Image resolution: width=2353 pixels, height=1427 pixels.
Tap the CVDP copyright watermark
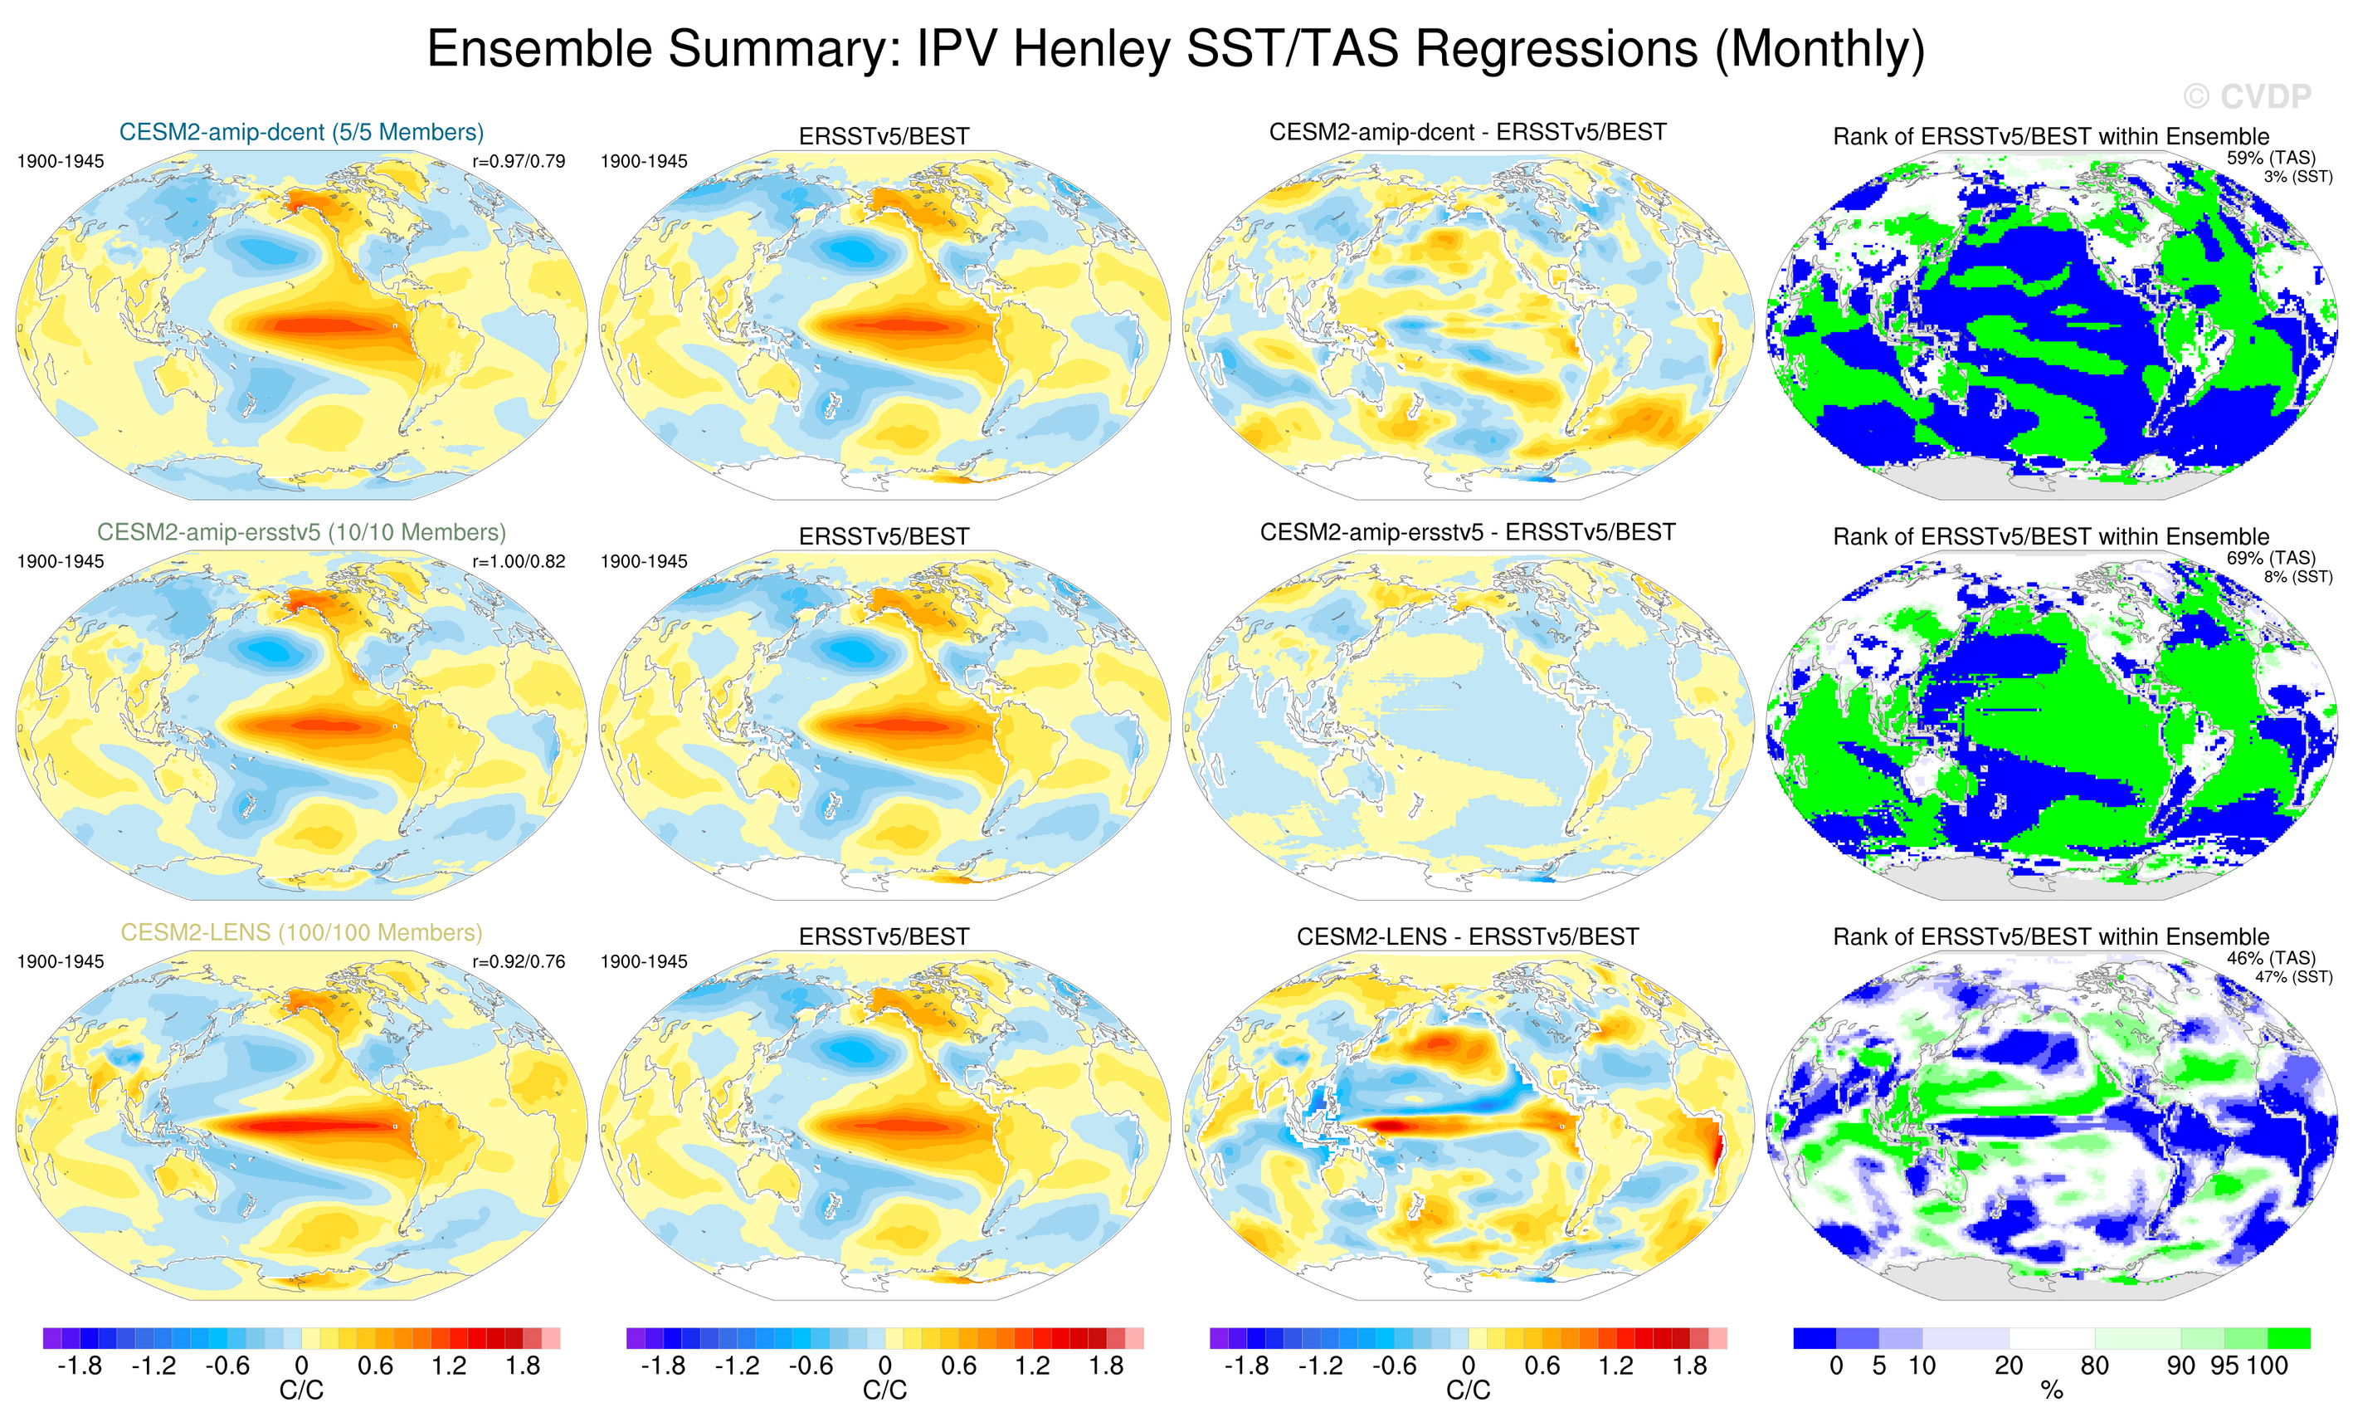[2246, 96]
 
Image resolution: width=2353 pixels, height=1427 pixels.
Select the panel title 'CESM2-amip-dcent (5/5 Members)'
[301, 132]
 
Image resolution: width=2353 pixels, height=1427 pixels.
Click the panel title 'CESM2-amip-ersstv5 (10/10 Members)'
[301, 532]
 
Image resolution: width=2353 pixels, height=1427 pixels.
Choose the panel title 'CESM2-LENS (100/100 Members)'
[301, 932]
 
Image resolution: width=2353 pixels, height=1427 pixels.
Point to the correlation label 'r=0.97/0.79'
[519, 161]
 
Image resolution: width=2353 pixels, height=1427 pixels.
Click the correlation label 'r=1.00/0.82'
[519, 562]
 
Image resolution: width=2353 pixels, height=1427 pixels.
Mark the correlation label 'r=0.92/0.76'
[519, 962]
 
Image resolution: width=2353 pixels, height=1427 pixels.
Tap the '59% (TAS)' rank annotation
[2271, 158]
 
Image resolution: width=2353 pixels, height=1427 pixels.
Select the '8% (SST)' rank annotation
[2297, 577]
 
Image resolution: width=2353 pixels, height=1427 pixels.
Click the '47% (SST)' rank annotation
[2294, 977]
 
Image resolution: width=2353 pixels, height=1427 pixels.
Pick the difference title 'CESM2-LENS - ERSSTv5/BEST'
[1468, 937]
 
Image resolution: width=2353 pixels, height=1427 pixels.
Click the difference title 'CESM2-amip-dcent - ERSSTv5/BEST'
[1468, 132]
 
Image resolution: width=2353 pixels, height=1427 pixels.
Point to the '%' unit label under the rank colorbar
[2051, 1390]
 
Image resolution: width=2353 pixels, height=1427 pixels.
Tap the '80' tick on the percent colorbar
[2094, 1366]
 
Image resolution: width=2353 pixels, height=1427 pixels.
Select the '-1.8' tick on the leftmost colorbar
[80, 1366]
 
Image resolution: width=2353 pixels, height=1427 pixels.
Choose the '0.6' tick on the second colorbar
[959, 1366]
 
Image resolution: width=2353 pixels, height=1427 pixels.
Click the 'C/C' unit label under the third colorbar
[1468, 1390]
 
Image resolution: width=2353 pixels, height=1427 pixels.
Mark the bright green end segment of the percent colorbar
[2289, 1337]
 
